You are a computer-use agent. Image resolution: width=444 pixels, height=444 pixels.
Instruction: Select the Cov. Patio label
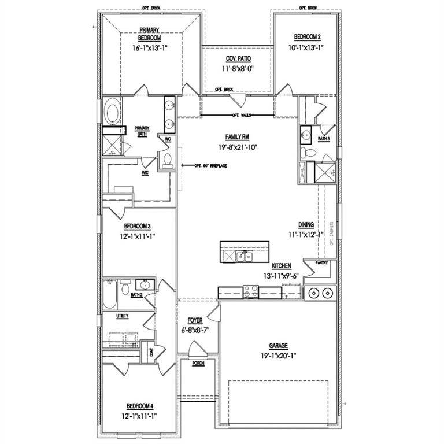tap(237, 59)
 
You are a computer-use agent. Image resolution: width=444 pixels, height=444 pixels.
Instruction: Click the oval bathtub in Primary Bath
tap(112, 111)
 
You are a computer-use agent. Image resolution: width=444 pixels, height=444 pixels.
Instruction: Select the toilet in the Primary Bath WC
tap(168, 161)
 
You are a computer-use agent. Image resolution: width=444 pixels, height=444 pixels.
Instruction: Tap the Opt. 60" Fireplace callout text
tap(210, 166)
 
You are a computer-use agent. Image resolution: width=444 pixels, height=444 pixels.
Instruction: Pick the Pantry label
tap(321, 263)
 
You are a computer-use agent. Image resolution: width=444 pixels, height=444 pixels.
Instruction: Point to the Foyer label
tap(194, 320)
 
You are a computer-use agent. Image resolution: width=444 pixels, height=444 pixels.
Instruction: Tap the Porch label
tap(198, 364)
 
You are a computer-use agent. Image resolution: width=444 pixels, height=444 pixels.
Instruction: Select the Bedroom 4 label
tap(139, 406)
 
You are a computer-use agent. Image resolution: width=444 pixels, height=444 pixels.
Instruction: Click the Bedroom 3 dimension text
tap(139, 236)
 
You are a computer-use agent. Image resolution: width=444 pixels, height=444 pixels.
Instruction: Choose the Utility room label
tap(122, 316)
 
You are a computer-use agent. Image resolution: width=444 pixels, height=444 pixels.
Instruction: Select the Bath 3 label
tap(324, 139)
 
